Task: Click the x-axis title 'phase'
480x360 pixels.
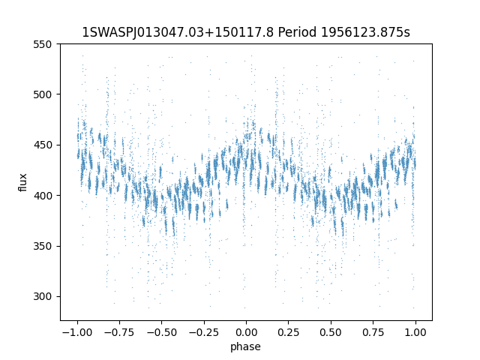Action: tap(246, 346)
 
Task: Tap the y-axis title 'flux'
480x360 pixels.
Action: tap(23, 182)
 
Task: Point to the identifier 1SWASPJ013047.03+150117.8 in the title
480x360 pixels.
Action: tap(177, 33)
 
